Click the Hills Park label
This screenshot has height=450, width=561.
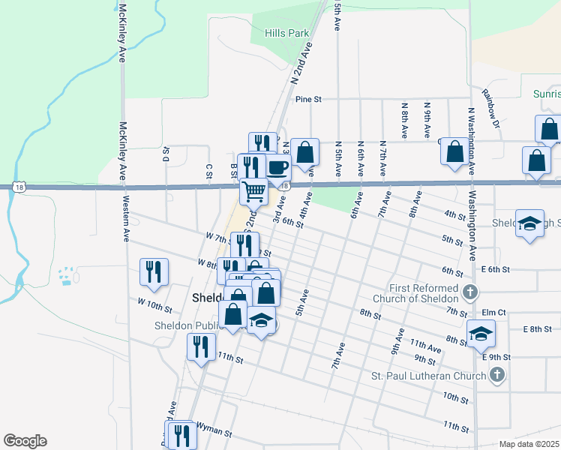[x=287, y=34]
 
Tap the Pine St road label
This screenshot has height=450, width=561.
[x=308, y=99]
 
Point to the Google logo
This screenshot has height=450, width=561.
[x=25, y=441]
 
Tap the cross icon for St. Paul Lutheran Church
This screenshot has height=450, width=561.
[x=496, y=376]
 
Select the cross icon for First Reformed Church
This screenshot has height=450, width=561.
[x=469, y=292]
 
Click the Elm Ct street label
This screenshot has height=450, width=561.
[x=495, y=312]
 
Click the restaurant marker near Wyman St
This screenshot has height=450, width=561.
[x=181, y=436]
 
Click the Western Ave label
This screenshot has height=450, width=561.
[x=126, y=218]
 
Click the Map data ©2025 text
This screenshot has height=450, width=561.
[x=529, y=444]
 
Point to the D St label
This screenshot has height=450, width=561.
[x=166, y=154]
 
